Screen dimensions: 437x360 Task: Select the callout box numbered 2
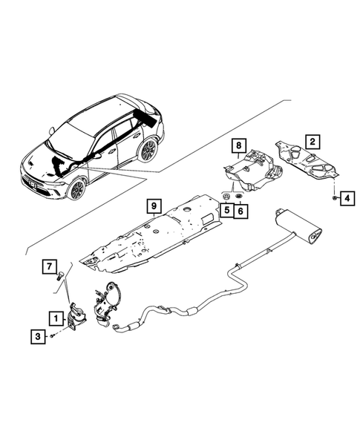313,139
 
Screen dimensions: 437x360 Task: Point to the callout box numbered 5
226,211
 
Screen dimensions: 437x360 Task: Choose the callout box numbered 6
241,211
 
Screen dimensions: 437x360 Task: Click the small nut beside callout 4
336,198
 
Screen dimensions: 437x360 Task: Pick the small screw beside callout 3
54,337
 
